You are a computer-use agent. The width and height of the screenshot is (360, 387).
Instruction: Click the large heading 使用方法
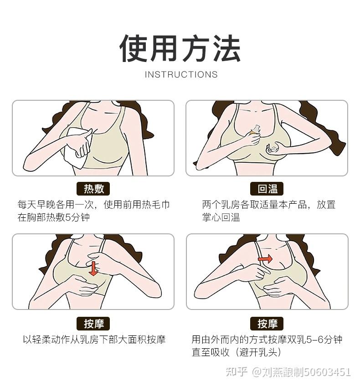[180, 49]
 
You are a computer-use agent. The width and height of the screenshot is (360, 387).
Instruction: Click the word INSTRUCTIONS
[181, 74]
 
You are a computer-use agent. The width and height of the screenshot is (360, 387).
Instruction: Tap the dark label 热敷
[93, 189]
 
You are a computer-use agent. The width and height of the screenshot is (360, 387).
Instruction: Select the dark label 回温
[267, 189]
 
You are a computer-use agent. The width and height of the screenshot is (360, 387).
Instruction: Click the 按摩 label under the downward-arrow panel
[93, 324]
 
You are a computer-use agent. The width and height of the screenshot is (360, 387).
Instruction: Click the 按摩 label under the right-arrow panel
[267, 324]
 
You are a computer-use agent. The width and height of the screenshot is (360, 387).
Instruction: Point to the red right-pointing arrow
[265, 259]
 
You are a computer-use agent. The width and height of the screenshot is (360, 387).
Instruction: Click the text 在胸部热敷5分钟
[54, 217]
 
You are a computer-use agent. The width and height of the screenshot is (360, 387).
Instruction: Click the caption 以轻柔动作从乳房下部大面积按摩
[94, 340]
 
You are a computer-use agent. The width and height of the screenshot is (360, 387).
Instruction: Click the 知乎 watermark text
[237, 372]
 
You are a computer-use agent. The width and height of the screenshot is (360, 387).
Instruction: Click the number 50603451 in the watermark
[328, 372]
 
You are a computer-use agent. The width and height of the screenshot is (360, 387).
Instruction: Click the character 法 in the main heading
[226, 49]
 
